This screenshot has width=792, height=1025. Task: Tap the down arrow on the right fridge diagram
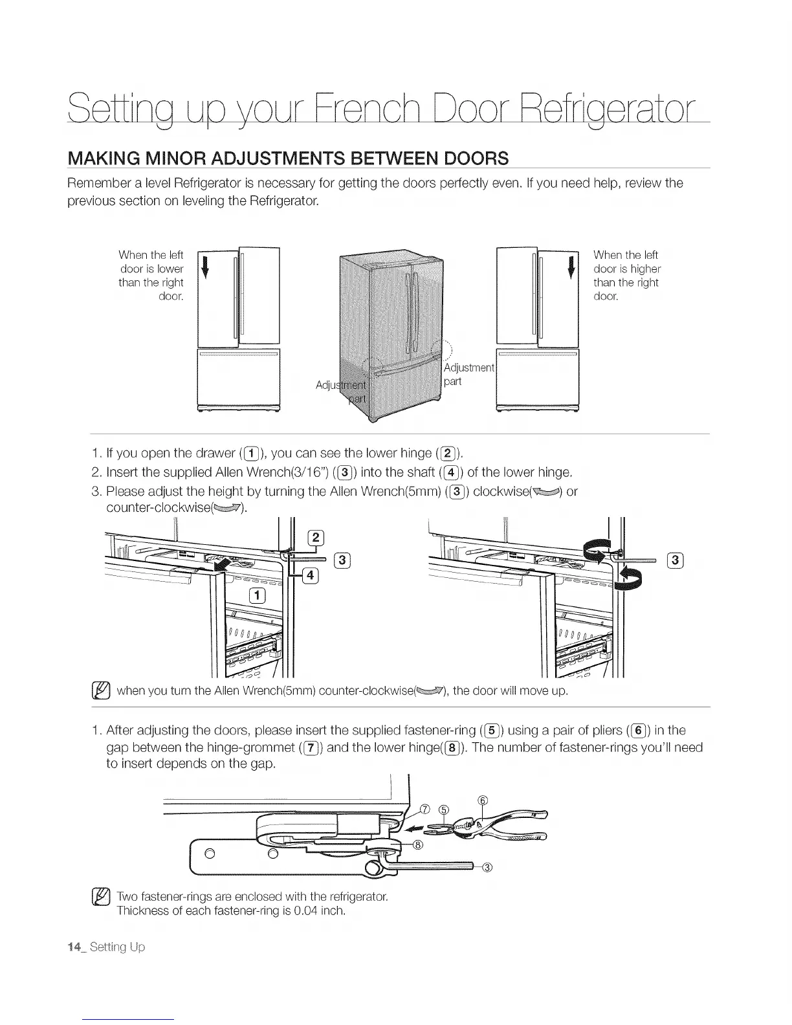571,267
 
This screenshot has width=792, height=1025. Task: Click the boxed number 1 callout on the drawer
257,595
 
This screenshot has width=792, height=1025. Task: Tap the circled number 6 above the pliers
481,800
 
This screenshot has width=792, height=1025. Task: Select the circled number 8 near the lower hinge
418,844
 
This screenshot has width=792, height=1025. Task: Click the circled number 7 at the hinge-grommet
425,808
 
